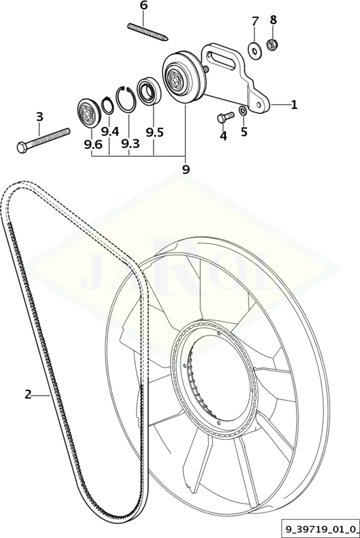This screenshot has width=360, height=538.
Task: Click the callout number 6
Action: (x=143, y=6)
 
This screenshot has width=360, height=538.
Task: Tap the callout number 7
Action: (x=255, y=22)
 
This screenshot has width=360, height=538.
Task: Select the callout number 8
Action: (x=273, y=20)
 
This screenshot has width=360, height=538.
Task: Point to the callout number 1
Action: (x=294, y=104)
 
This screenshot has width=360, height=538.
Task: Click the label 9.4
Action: (x=110, y=131)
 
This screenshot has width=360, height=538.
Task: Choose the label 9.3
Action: (x=130, y=144)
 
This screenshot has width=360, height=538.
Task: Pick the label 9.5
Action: (x=154, y=132)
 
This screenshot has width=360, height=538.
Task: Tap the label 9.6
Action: (x=93, y=145)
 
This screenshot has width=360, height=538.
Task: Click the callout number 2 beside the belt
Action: (x=28, y=394)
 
